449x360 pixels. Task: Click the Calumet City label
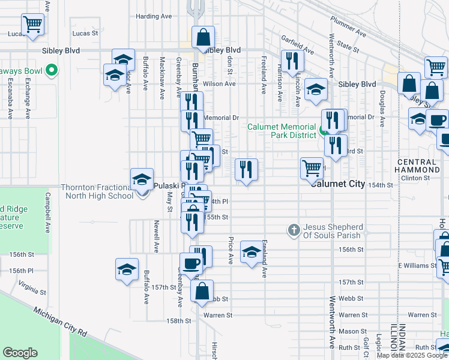pyautogui.click(x=337, y=184)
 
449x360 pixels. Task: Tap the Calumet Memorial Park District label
pyautogui.click(x=282, y=131)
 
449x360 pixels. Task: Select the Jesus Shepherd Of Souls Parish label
pyautogui.click(x=333, y=231)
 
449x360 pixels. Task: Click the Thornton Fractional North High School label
pyautogui.click(x=97, y=191)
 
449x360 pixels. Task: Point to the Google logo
pyautogui.click(x=20, y=353)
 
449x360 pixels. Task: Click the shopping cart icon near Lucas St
pyautogui.click(x=32, y=25)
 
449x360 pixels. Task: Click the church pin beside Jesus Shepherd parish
pyautogui.click(x=294, y=229)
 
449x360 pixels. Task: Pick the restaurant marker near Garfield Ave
pyautogui.click(x=292, y=61)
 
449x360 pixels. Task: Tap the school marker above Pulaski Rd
pyautogui.click(x=142, y=178)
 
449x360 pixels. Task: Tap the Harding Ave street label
pyautogui.click(x=154, y=16)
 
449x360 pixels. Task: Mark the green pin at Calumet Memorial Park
pyautogui.click(x=323, y=130)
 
